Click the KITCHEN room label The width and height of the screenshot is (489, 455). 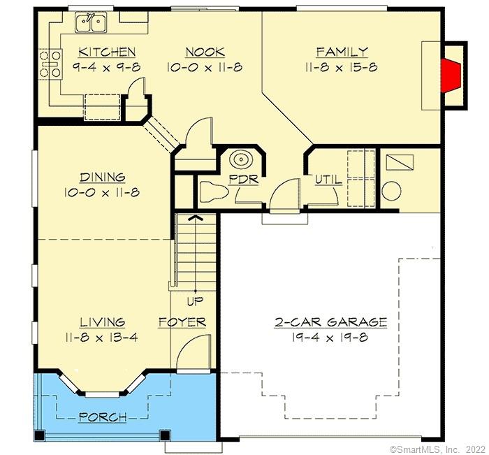point(106,52)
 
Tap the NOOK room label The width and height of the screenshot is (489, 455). point(205,52)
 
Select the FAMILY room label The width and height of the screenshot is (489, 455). point(342,52)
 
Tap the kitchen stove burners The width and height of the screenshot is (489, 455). point(49,62)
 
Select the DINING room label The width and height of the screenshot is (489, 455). point(102,178)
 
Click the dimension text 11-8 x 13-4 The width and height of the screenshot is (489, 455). point(102,337)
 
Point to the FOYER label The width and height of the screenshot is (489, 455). point(182,322)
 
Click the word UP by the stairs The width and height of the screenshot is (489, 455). point(194,302)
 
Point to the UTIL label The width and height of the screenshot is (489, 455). point(328,180)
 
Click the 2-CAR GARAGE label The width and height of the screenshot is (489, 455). point(330,322)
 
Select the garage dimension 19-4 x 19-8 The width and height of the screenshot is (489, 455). point(330,337)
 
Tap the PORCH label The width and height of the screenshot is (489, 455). point(102,417)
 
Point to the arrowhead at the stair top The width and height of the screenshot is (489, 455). point(196,217)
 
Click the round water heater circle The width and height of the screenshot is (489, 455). point(391,191)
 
